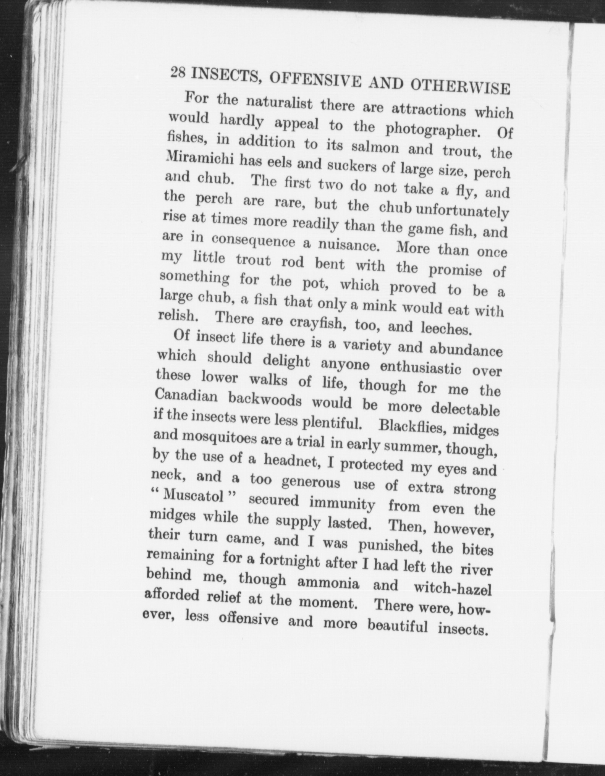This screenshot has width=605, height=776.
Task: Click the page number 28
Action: (x=178, y=72)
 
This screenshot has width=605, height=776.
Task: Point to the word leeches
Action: (x=444, y=328)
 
